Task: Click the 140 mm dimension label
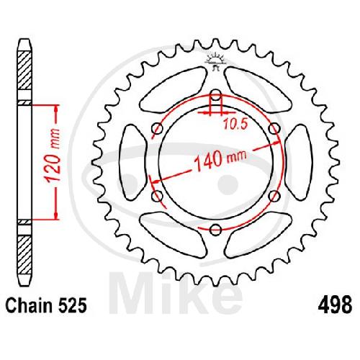point(220,159)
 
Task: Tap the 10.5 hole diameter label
point(235,124)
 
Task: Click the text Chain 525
point(46,305)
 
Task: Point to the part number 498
point(335,305)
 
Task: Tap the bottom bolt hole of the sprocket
point(215,230)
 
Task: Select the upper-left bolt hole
point(158,129)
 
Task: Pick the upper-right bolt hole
point(274,129)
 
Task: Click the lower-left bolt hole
point(158,196)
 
